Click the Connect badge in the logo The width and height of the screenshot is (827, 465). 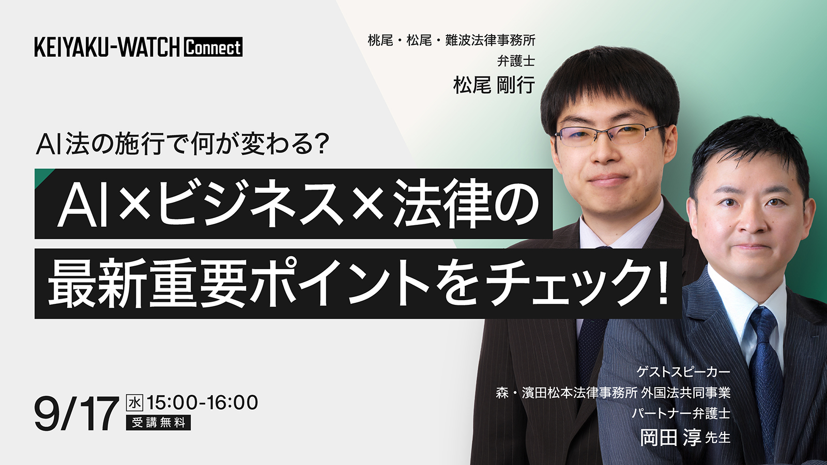pos(213,47)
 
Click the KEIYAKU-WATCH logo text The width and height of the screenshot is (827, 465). pos(107,47)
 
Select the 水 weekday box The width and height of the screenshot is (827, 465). pos(134,403)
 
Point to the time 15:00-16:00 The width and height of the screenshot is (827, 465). pos(202,402)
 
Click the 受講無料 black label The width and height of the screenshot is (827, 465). pos(158,423)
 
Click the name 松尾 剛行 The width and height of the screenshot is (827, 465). pos(494,85)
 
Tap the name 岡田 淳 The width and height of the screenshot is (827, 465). pos(670,437)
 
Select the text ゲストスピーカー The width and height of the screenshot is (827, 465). pos(683,372)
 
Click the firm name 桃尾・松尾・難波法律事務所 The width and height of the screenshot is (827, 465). pos(452,40)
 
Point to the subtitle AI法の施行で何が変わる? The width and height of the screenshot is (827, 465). pos(182,144)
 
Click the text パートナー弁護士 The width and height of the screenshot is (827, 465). pos(681,413)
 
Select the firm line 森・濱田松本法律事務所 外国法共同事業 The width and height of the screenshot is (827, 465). pos(613,393)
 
